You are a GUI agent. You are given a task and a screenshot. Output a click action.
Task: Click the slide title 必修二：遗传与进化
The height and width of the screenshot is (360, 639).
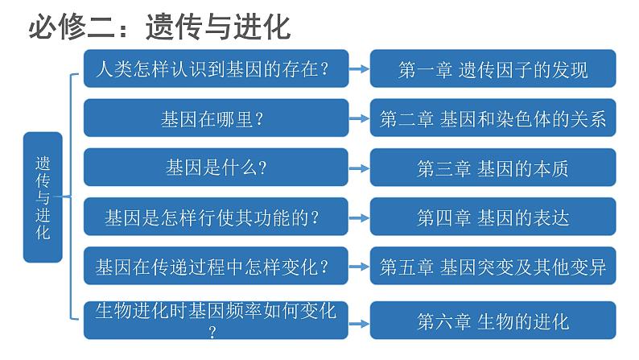point(159,27)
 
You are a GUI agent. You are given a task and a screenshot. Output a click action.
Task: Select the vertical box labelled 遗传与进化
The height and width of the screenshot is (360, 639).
point(43,197)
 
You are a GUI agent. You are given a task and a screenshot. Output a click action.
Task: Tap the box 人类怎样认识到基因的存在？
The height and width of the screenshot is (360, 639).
point(216,68)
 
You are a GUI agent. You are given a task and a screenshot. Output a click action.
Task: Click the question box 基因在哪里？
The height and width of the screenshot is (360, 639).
point(216,118)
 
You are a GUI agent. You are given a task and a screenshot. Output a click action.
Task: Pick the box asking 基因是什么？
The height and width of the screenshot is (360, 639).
point(216,168)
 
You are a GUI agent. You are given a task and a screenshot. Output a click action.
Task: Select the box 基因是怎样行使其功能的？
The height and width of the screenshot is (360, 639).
point(216,217)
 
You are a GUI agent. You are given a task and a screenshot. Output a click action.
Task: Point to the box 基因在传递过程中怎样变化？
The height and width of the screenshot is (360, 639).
point(216,266)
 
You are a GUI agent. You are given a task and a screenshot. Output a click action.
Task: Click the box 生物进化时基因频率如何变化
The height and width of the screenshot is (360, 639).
point(216,321)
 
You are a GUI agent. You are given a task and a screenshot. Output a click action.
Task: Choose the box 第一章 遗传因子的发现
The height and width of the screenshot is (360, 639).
point(493,68)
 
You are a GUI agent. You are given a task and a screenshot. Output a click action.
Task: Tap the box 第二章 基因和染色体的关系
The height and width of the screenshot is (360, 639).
point(493,118)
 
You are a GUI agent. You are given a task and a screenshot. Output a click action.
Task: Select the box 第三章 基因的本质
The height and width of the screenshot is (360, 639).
point(493,168)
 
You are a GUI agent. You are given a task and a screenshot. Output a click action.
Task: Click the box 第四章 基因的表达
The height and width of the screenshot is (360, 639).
point(493,217)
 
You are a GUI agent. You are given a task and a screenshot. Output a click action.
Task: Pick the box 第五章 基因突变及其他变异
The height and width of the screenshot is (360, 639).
point(493,266)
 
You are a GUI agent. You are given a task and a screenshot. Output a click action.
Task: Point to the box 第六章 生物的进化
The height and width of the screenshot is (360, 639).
point(493,321)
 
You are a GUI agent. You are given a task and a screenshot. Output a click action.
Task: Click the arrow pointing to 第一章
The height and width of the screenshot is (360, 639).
point(359,69)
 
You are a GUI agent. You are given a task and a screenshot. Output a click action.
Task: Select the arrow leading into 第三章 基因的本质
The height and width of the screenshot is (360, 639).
point(359,168)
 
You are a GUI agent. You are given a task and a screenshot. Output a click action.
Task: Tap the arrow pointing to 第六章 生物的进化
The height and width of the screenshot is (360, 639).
point(359,324)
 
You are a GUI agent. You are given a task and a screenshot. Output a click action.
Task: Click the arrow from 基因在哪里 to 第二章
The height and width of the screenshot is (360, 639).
point(359,118)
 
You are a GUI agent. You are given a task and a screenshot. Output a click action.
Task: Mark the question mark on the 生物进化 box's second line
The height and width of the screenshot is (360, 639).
point(212,333)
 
